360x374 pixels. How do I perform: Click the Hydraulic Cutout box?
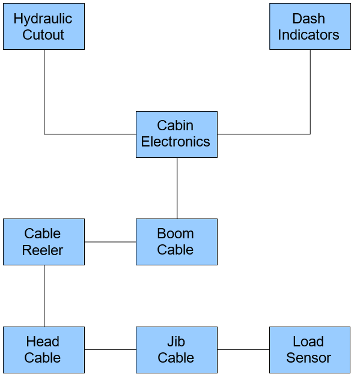click(44, 26)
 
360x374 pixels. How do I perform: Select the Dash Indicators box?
click(310, 26)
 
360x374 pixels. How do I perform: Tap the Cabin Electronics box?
click(177, 134)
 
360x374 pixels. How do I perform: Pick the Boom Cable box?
click(177, 242)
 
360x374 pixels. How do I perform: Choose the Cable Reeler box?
click(44, 242)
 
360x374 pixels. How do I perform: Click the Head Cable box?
click(44, 350)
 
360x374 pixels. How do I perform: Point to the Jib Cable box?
click(177, 350)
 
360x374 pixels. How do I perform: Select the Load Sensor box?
click(310, 350)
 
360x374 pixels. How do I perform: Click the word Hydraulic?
click(43, 19)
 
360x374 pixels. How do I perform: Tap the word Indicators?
click(308, 35)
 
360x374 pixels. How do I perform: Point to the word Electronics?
click(175, 142)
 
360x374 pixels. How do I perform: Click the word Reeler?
click(43, 250)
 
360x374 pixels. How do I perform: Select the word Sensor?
click(308, 358)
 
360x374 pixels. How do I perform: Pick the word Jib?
click(176, 342)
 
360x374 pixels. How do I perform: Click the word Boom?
click(175, 234)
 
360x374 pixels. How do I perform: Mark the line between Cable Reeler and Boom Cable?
click(111, 242)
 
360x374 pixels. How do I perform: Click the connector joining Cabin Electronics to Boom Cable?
click(177, 188)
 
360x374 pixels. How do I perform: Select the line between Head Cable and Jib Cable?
click(111, 349)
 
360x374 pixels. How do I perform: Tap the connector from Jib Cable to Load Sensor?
click(243, 349)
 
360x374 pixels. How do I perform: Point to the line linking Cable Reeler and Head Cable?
click(44, 296)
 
